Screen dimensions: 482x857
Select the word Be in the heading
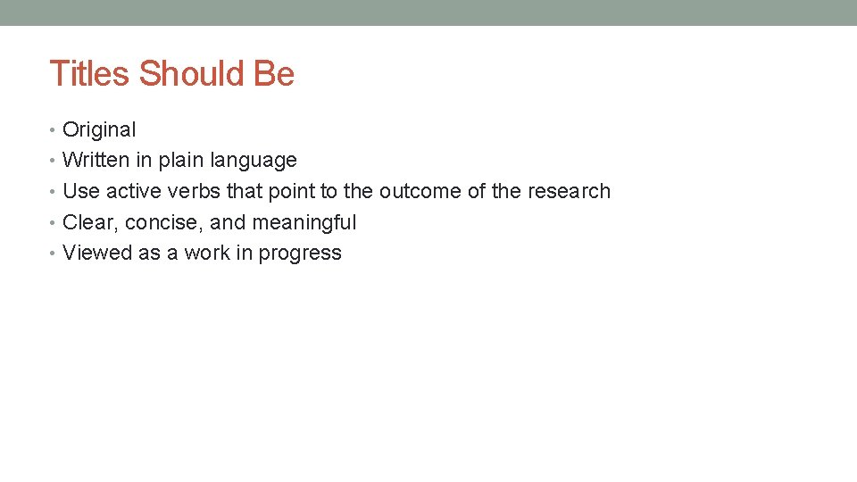pos(274,73)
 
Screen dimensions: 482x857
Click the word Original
pos(99,129)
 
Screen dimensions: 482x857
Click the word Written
pos(96,161)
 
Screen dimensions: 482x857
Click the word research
pos(569,191)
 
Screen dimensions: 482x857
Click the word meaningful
pos(304,223)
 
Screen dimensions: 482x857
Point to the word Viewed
pos(97,253)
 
